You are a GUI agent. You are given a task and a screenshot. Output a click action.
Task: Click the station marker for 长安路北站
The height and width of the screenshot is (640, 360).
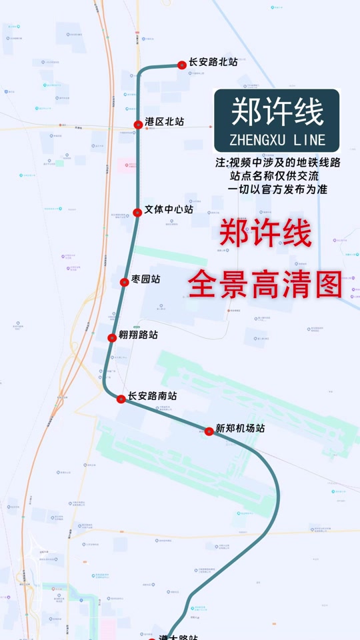pos(181,65)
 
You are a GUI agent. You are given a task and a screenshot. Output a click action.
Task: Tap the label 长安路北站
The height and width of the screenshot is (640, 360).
pos(213,62)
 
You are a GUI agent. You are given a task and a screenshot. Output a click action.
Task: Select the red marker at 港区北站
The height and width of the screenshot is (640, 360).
pos(138,124)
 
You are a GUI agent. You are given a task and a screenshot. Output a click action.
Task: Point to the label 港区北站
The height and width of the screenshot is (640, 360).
pos(164,122)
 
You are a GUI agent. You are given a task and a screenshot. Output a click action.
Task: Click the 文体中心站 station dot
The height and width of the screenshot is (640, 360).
pos(137,212)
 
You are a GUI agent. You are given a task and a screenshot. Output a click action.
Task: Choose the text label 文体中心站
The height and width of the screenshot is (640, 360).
pos(169,209)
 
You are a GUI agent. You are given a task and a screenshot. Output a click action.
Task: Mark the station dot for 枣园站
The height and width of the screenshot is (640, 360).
pos(124,282)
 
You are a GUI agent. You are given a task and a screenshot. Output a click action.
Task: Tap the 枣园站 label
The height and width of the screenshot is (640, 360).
pos(145,279)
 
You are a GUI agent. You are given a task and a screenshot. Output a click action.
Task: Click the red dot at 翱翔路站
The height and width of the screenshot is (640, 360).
pos(112,337)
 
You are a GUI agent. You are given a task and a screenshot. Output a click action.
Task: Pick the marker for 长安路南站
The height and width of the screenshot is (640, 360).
pos(121,399)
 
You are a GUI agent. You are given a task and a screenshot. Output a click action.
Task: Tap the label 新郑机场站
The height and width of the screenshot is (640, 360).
pos(240,429)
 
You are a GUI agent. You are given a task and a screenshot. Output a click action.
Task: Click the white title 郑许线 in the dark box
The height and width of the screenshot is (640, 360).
pos(277,111)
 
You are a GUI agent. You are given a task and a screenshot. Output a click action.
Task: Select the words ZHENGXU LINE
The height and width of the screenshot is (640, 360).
pos(277,140)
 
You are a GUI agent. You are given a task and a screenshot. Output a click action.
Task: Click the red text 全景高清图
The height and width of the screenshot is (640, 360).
pos(265,285)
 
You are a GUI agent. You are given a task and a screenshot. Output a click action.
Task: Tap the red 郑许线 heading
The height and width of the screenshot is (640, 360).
pos(265,235)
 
